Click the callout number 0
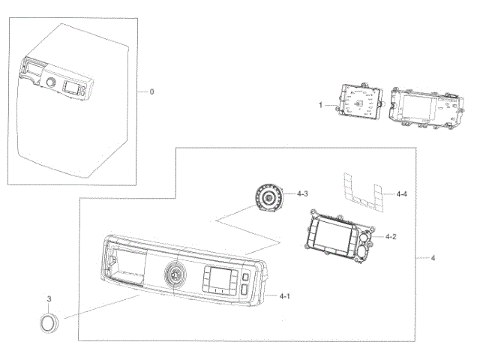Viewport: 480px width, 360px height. coord(151,91)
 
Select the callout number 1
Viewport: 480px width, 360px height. coord(320,106)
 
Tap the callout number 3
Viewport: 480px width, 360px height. coord(49,299)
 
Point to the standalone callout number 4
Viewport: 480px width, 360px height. coord(432,258)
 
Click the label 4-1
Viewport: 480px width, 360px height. coord(284,296)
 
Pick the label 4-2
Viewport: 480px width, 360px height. coord(391,236)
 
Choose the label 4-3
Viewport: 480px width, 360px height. coord(302,194)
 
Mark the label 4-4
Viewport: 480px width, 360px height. coord(402,193)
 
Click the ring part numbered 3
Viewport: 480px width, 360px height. coord(48,323)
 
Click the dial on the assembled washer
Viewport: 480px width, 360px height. coord(50,82)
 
